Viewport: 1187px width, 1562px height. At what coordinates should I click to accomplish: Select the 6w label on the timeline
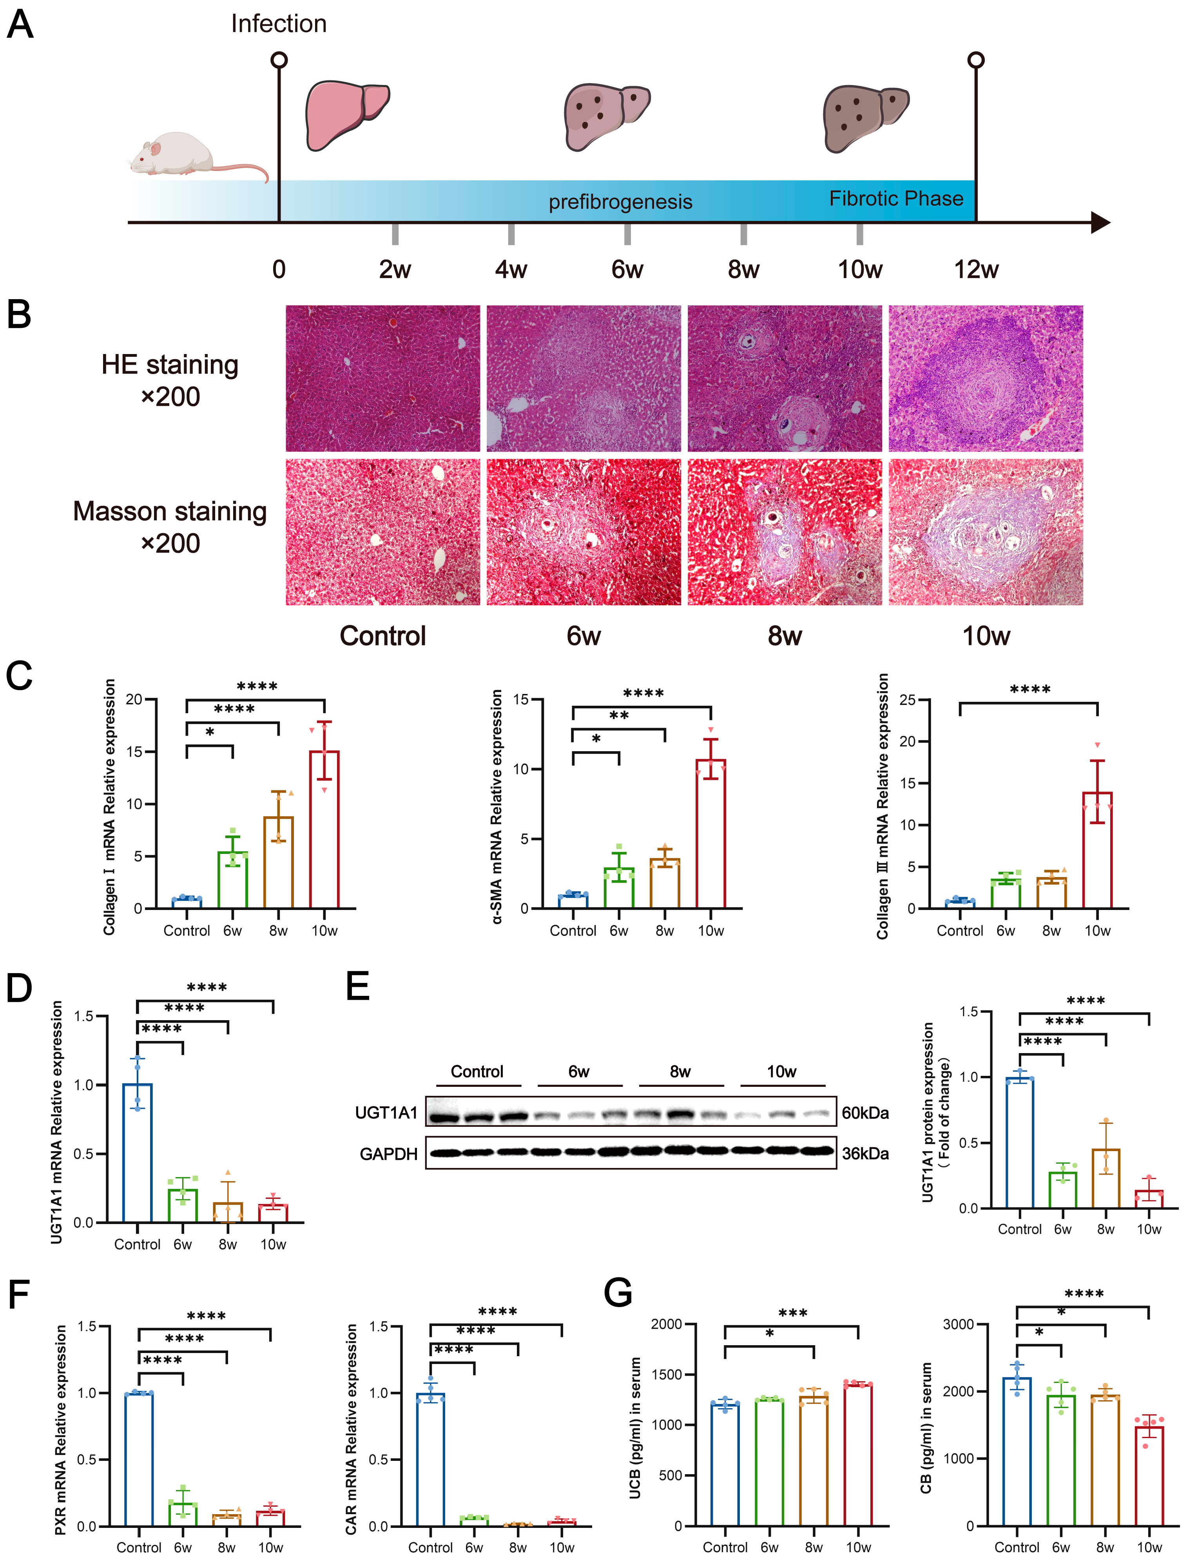click(627, 269)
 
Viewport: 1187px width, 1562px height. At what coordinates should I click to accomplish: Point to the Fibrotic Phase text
click(896, 199)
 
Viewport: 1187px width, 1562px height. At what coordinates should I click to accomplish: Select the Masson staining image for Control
click(382, 532)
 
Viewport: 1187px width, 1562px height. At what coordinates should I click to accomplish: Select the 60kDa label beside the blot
click(865, 1113)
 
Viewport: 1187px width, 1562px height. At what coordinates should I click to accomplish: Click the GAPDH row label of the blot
click(389, 1154)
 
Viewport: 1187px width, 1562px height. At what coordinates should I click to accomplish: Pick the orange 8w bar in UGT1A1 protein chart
click(1106, 1179)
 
